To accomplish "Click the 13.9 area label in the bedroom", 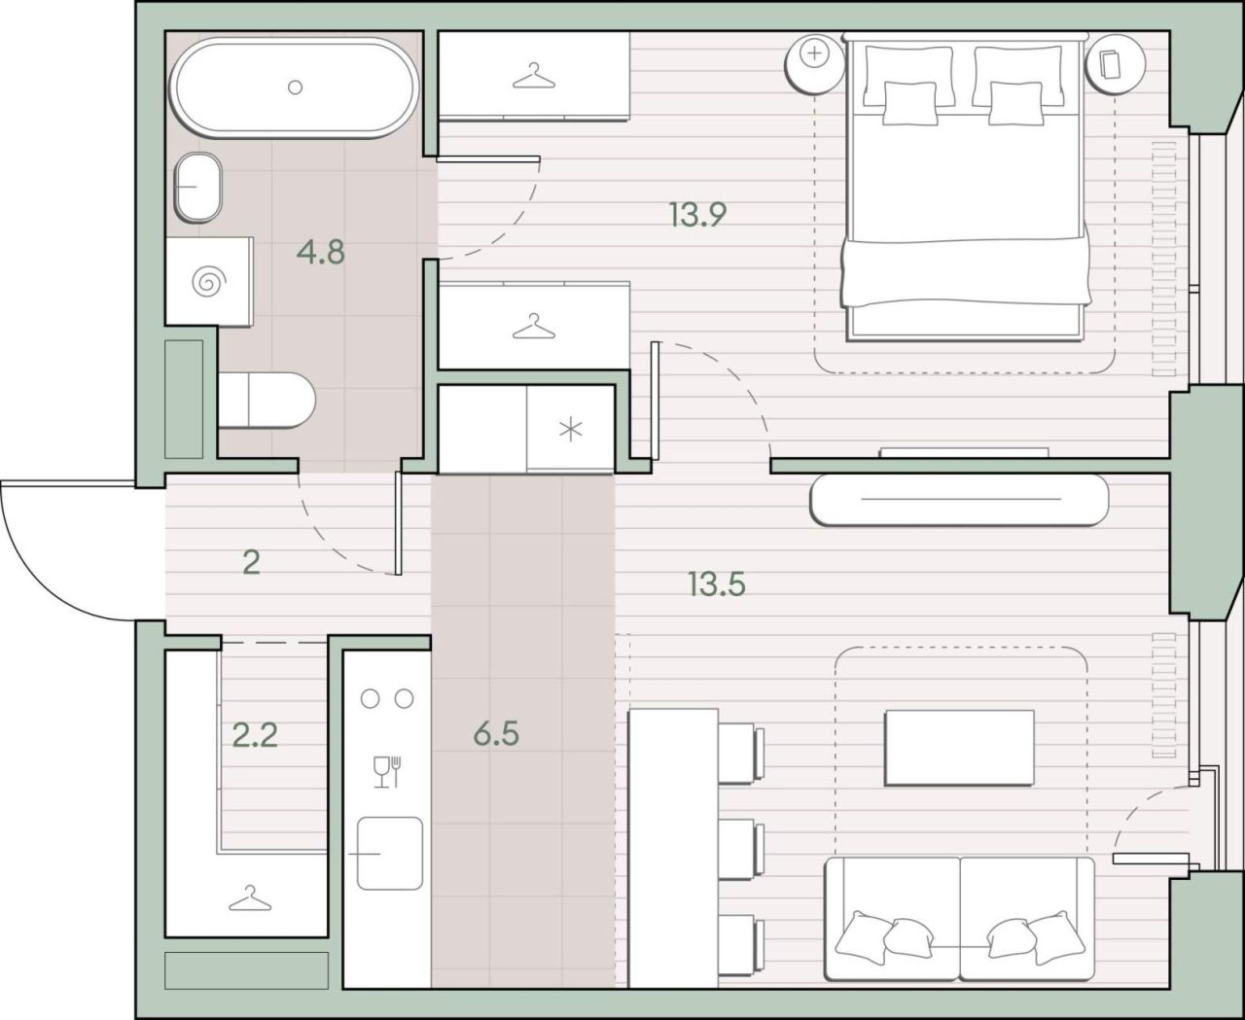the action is [x=697, y=214].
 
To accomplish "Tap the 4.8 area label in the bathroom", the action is [x=321, y=252].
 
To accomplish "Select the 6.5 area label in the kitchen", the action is [x=496, y=734].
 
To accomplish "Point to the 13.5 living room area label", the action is [x=717, y=583].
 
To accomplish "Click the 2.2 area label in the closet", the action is [x=255, y=735].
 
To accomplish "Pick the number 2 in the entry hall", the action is [x=252, y=563].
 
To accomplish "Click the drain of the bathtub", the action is [x=295, y=88].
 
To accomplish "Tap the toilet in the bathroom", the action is [x=267, y=400].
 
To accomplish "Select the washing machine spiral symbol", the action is [x=208, y=281].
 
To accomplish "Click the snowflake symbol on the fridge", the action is [x=570, y=430].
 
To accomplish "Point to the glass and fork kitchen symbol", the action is [x=387, y=771].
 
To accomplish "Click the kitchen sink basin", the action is [x=390, y=853].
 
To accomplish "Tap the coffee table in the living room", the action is [x=959, y=748].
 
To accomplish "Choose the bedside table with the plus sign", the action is [x=815, y=63].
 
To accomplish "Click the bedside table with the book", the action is [x=1115, y=63].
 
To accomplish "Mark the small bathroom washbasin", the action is [x=198, y=187].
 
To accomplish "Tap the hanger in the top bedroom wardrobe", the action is [x=534, y=76].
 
